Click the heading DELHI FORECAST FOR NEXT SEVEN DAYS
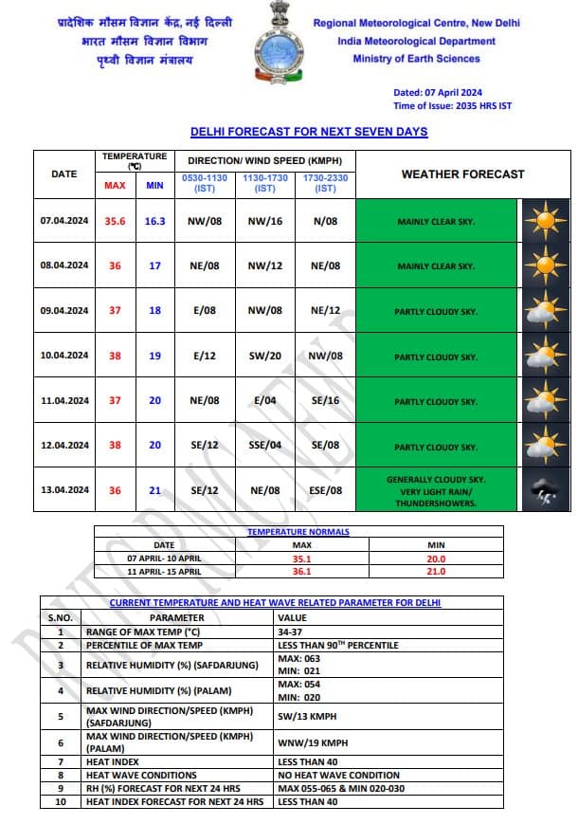(x=309, y=132)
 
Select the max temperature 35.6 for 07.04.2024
(x=116, y=221)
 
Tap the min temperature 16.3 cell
(x=154, y=221)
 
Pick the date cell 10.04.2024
(x=64, y=356)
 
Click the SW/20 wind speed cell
(x=265, y=356)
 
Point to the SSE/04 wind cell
(x=265, y=445)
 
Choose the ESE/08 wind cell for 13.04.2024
(x=326, y=490)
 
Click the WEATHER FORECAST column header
(x=462, y=174)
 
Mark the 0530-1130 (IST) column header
(x=205, y=183)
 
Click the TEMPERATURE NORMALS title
(x=298, y=532)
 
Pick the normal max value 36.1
(x=301, y=572)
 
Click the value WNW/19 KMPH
(x=310, y=742)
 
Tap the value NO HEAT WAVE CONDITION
(x=338, y=775)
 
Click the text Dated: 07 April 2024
(x=438, y=93)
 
